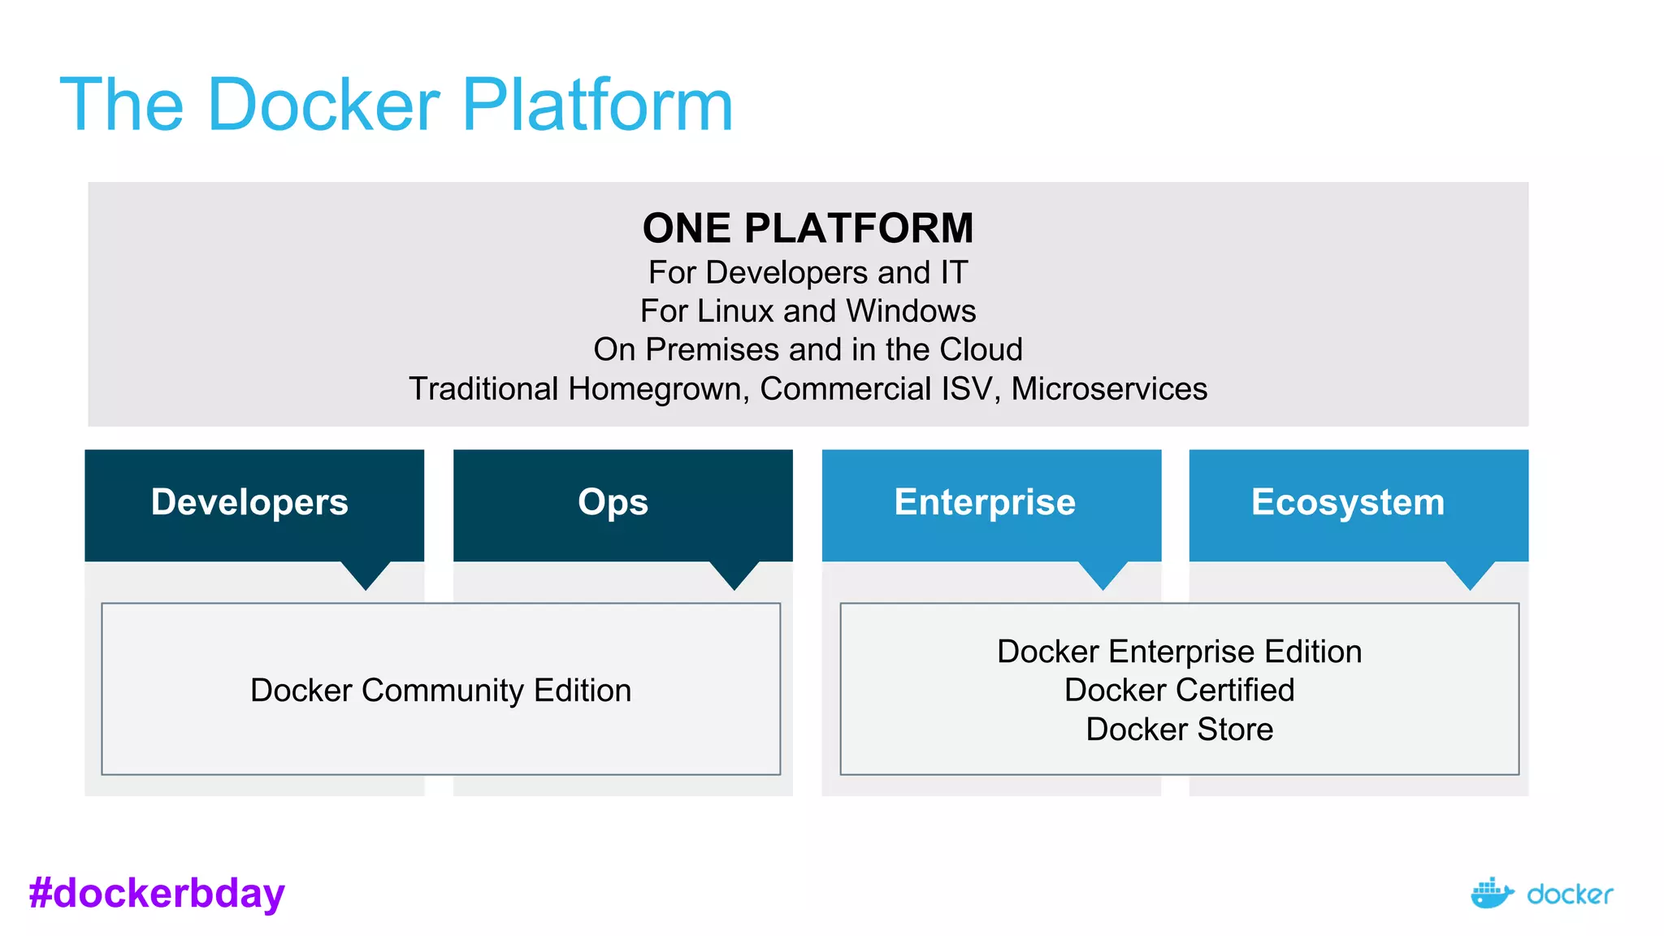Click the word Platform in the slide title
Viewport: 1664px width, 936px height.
coord(597,106)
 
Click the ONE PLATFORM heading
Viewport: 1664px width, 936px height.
coord(808,228)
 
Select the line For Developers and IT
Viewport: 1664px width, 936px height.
coord(808,273)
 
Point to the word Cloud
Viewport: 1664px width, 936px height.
coord(981,349)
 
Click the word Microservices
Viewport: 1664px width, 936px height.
coord(1109,389)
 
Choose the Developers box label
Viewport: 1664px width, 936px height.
coord(249,502)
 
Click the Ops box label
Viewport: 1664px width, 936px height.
coord(613,502)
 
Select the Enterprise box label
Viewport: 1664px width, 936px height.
coord(985,502)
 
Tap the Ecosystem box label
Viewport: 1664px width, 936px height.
coord(1348,502)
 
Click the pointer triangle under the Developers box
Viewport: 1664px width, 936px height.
coord(366,573)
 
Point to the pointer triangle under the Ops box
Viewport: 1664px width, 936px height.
coord(734,573)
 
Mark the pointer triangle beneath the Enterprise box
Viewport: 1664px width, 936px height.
coord(1103,573)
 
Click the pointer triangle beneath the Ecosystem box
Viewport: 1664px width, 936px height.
coord(1471,573)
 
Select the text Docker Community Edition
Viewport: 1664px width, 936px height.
coord(440,691)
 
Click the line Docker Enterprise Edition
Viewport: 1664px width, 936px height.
coord(1179,652)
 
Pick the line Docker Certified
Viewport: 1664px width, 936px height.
coord(1179,691)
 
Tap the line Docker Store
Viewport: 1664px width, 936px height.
coord(1179,730)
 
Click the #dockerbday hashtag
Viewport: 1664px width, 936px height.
coord(157,893)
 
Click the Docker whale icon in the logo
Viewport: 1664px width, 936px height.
coord(1492,894)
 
